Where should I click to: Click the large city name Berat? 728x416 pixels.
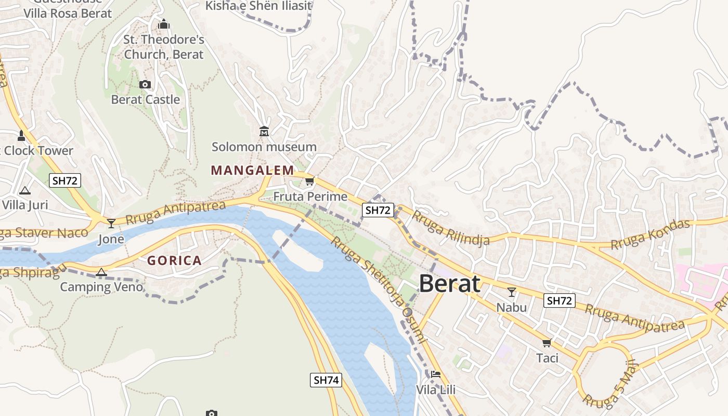point(449,284)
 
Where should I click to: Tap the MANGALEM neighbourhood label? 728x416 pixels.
point(252,170)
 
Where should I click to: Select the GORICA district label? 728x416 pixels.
point(174,261)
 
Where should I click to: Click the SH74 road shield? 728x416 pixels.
point(327,380)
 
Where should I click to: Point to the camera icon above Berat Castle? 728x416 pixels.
point(145,84)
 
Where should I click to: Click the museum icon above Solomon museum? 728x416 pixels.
point(264,131)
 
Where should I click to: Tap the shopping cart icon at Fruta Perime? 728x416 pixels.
point(310,181)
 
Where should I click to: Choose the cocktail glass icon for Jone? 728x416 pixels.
point(111,224)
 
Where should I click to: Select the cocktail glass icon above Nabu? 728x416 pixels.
point(512,292)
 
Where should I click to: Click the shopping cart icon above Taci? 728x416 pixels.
point(547,343)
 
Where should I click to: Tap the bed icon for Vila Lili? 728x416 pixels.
point(436,374)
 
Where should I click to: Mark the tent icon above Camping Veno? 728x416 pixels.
point(101,272)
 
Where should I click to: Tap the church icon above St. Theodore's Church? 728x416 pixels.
point(164,24)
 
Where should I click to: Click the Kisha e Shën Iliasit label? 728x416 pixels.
point(258,6)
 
